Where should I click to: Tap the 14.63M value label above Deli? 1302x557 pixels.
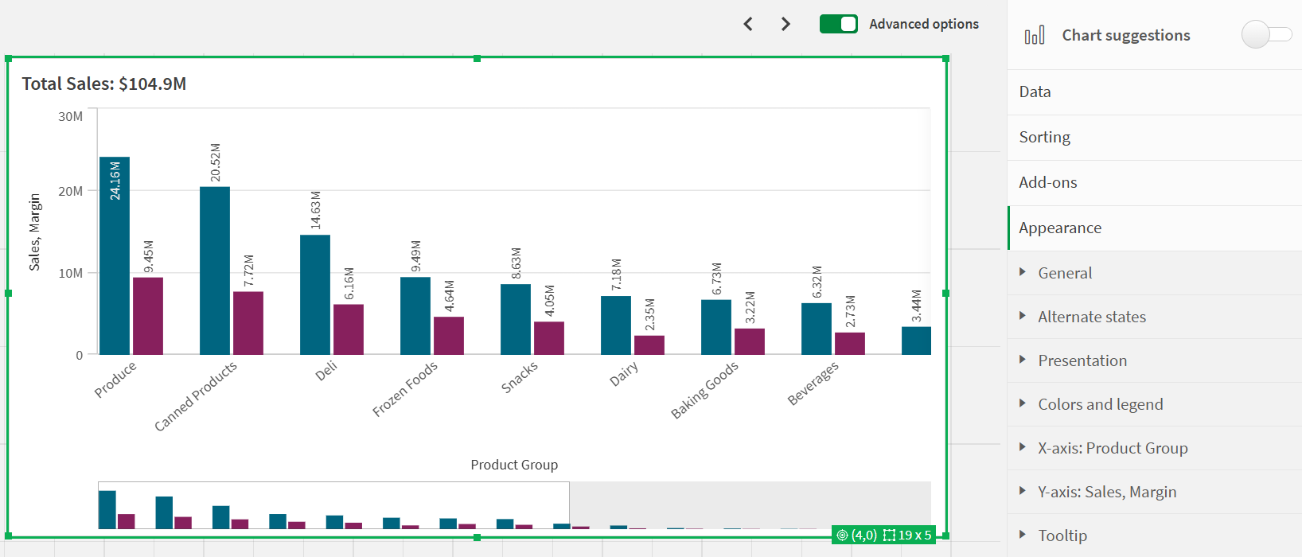point(316,211)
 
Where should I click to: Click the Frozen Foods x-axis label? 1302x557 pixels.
point(405,389)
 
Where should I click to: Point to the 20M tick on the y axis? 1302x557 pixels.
point(70,191)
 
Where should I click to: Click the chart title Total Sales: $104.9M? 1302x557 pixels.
point(104,84)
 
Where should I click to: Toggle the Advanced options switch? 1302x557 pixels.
point(839,24)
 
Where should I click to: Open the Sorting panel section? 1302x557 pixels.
point(1045,137)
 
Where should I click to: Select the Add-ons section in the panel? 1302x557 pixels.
point(1048,182)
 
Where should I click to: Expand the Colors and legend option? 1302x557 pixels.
point(1100,404)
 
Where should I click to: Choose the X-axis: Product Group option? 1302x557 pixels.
point(1113,448)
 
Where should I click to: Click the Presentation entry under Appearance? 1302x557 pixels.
point(1082,360)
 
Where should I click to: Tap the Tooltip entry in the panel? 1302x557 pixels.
point(1062,536)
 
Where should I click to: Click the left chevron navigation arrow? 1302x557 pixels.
point(748,24)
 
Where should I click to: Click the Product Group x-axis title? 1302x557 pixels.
point(514,465)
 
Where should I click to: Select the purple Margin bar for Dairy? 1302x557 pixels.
point(649,345)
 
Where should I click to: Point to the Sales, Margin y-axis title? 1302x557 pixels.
point(34,232)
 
